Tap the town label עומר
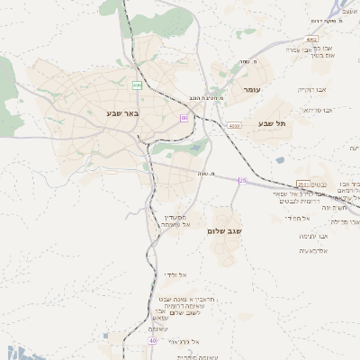pos(251,90)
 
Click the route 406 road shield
pos(137,85)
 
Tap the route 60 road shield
pos(184,118)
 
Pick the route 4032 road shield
pos(311,40)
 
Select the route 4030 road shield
pos(235,126)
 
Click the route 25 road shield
pos(242,181)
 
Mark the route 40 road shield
pos(153,341)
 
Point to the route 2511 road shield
pos(302,184)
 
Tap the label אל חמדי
pos(297,218)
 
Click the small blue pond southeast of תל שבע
pos(280,160)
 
